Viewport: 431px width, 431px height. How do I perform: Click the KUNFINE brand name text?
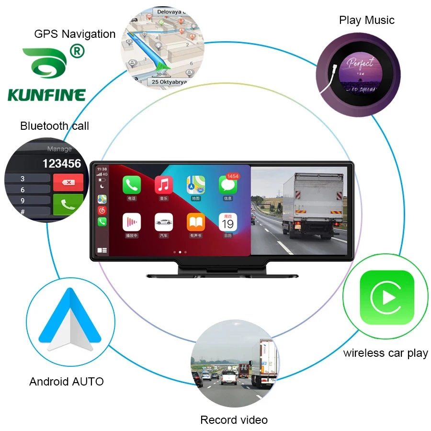click(46, 94)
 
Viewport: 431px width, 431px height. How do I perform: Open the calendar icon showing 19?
click(228, 222)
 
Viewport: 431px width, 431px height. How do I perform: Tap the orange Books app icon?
click(196, 222)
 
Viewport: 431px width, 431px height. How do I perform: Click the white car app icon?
click(164, 222)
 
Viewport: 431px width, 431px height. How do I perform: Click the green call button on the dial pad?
click(68, 204)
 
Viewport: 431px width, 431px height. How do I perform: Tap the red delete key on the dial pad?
click(68, 182)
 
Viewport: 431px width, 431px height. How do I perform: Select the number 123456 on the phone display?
click(62, 164)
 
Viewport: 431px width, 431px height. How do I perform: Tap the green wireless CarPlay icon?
click(386, 297)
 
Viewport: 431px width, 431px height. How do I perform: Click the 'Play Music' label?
click(367, 20)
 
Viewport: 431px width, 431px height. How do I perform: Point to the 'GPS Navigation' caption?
click(75, 34)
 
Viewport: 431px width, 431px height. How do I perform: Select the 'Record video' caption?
click(234, 420)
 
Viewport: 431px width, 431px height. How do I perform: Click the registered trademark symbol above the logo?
click(77, 50)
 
